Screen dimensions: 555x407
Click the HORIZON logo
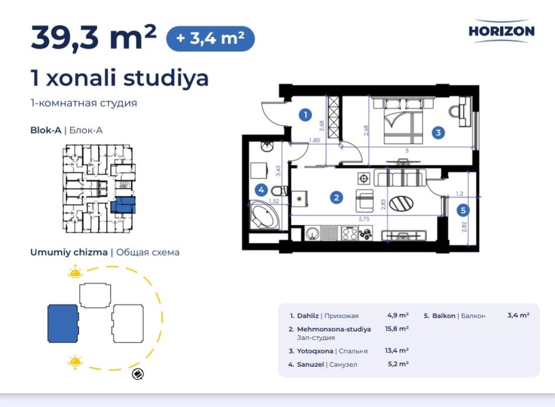(x=501, y=31)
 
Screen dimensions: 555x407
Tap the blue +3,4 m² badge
(x=210, y=38)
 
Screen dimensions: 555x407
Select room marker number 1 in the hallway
(x=305, y=115)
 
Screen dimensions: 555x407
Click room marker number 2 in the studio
(x=336, y=197)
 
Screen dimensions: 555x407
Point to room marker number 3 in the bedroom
(x=438, y=133)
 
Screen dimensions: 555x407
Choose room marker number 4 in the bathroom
(x=261, y=190)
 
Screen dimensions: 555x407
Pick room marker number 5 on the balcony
(x=463, y=210)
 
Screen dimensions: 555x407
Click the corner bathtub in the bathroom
(x=264, y=215)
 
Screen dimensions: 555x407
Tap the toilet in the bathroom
(x=280, y=191)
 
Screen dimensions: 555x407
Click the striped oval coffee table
(x=401, y=204)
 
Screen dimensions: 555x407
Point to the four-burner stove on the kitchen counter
(x=349, y=233)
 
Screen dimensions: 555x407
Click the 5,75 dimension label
(x=364, y=219)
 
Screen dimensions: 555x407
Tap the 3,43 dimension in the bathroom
(x=278, y=171)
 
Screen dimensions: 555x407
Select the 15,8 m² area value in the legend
(x=397, y=328)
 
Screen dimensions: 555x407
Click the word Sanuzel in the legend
(x=310, y=364)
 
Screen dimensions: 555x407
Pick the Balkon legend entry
(x=454, y=316)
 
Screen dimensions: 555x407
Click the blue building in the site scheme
(x=63, y=324)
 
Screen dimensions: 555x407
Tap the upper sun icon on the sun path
(x=75, y=271)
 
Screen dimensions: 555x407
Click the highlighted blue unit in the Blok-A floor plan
(x=122, y=205)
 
